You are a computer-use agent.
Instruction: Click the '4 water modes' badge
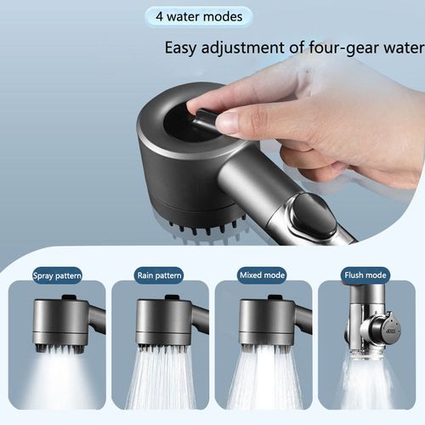[x=198, y=16]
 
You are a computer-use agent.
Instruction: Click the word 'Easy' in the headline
[x=183, y=48]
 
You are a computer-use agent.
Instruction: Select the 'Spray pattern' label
[x=57, y=275]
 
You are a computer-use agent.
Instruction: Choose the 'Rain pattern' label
[x=160, y=275]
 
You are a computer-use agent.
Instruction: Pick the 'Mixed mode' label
[x=263, y=275]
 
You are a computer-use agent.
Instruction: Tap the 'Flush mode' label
[x=365, y=275]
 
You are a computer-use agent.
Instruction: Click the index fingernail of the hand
[x=229, y=122]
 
